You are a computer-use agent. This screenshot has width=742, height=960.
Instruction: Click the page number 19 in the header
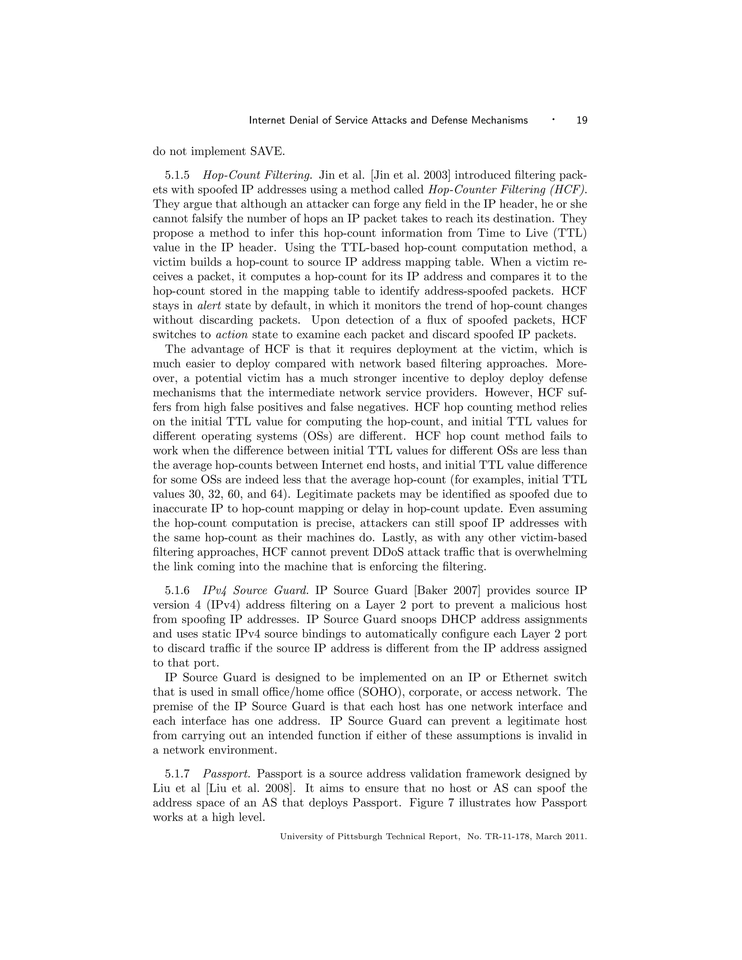(581, 120)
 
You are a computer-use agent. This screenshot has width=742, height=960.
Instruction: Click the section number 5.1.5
(177, 175)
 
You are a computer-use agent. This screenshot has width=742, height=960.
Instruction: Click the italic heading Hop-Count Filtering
(257, 175)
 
